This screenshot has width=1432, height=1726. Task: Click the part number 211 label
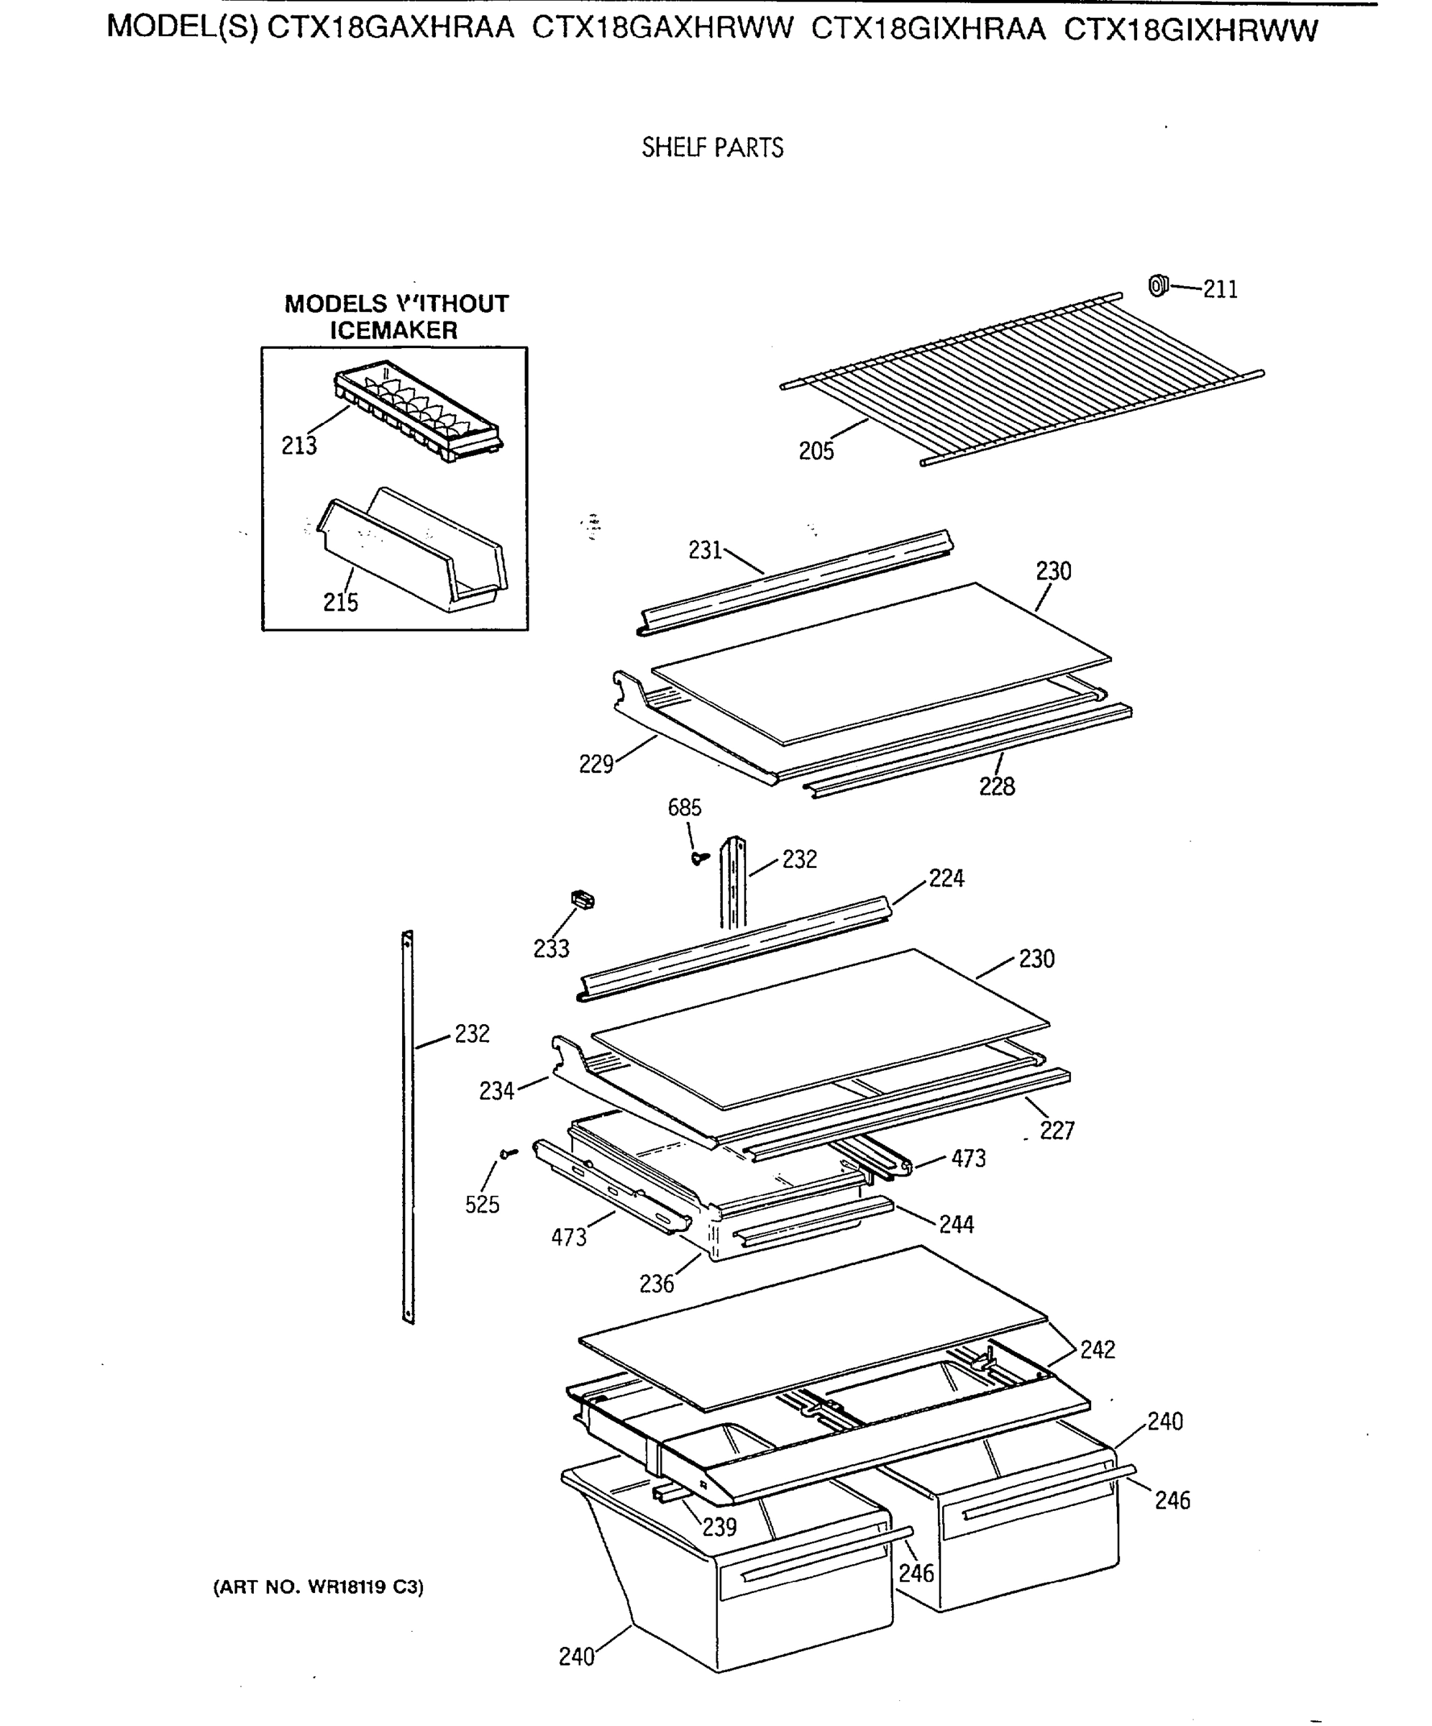click(1220, 289)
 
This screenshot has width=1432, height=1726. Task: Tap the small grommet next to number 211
click(1157, 286)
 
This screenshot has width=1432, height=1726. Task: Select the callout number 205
click(816, 451)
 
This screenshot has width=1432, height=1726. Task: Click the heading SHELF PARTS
click(712, 148)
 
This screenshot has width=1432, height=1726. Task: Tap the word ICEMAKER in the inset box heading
click(393, 330)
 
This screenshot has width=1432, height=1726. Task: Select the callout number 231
click(704, 551)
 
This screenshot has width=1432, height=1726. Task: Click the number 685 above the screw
click(684, 808)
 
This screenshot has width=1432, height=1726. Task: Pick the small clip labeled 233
click(582, 900)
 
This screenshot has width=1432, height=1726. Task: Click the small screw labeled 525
click(509, 1154)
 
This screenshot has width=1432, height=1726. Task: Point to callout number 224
click(947, 879)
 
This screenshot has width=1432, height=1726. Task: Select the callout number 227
click(1057, 1131)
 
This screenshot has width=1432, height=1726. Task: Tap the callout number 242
click(1097, 1350)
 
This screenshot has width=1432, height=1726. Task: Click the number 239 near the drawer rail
click(719, 1527)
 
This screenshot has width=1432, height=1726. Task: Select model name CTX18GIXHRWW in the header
click(1190, 30)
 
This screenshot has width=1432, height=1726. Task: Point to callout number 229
click(596, 764)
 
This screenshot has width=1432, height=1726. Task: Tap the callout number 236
click(656, 1284)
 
